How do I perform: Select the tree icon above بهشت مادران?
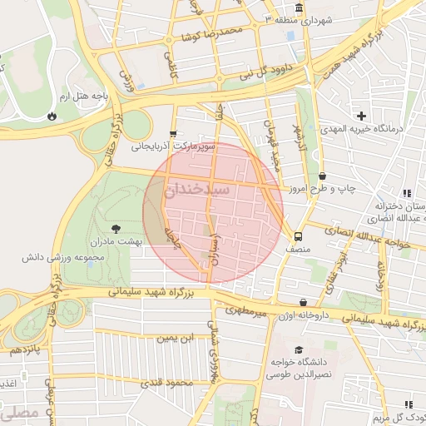click(115, 227)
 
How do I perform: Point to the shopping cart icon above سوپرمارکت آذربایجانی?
click(172, 132)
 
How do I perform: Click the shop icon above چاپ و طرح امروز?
click(322, 176)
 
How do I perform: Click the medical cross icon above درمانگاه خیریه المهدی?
click(361, 116)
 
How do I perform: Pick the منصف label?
click(297, 248)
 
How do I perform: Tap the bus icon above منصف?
click(298, 235)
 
